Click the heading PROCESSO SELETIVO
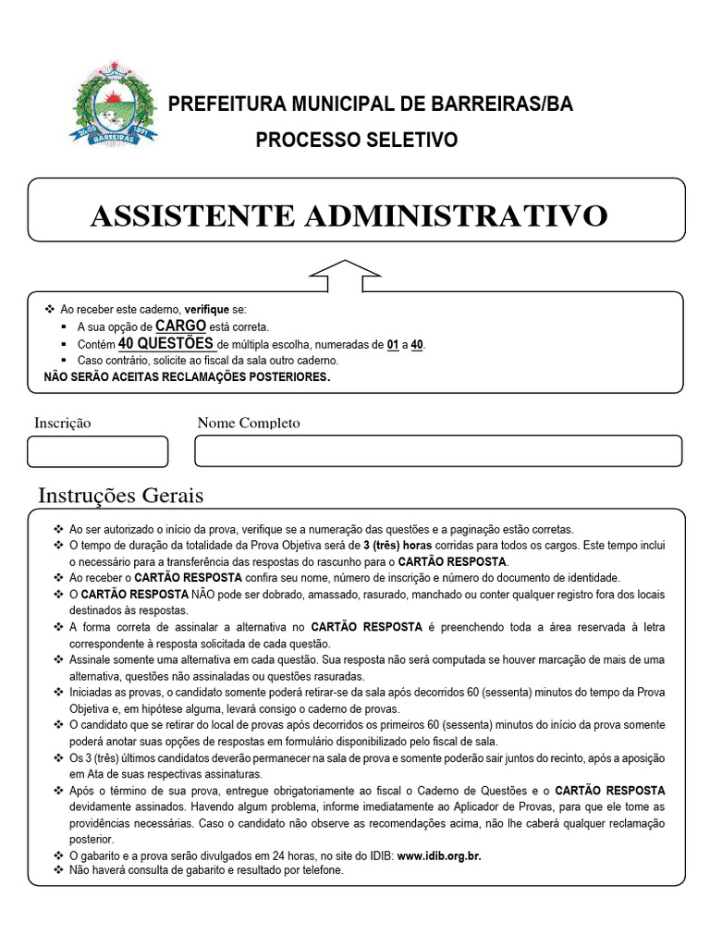[356, 141]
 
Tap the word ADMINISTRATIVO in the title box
[456, 216]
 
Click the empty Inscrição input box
[98, 451]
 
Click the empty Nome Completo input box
[438, 450]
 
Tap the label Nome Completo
[249, 423]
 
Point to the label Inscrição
[63, 423]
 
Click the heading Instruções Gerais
[120, 496]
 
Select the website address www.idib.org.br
[439, 856]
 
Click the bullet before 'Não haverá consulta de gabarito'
[60, 870]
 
